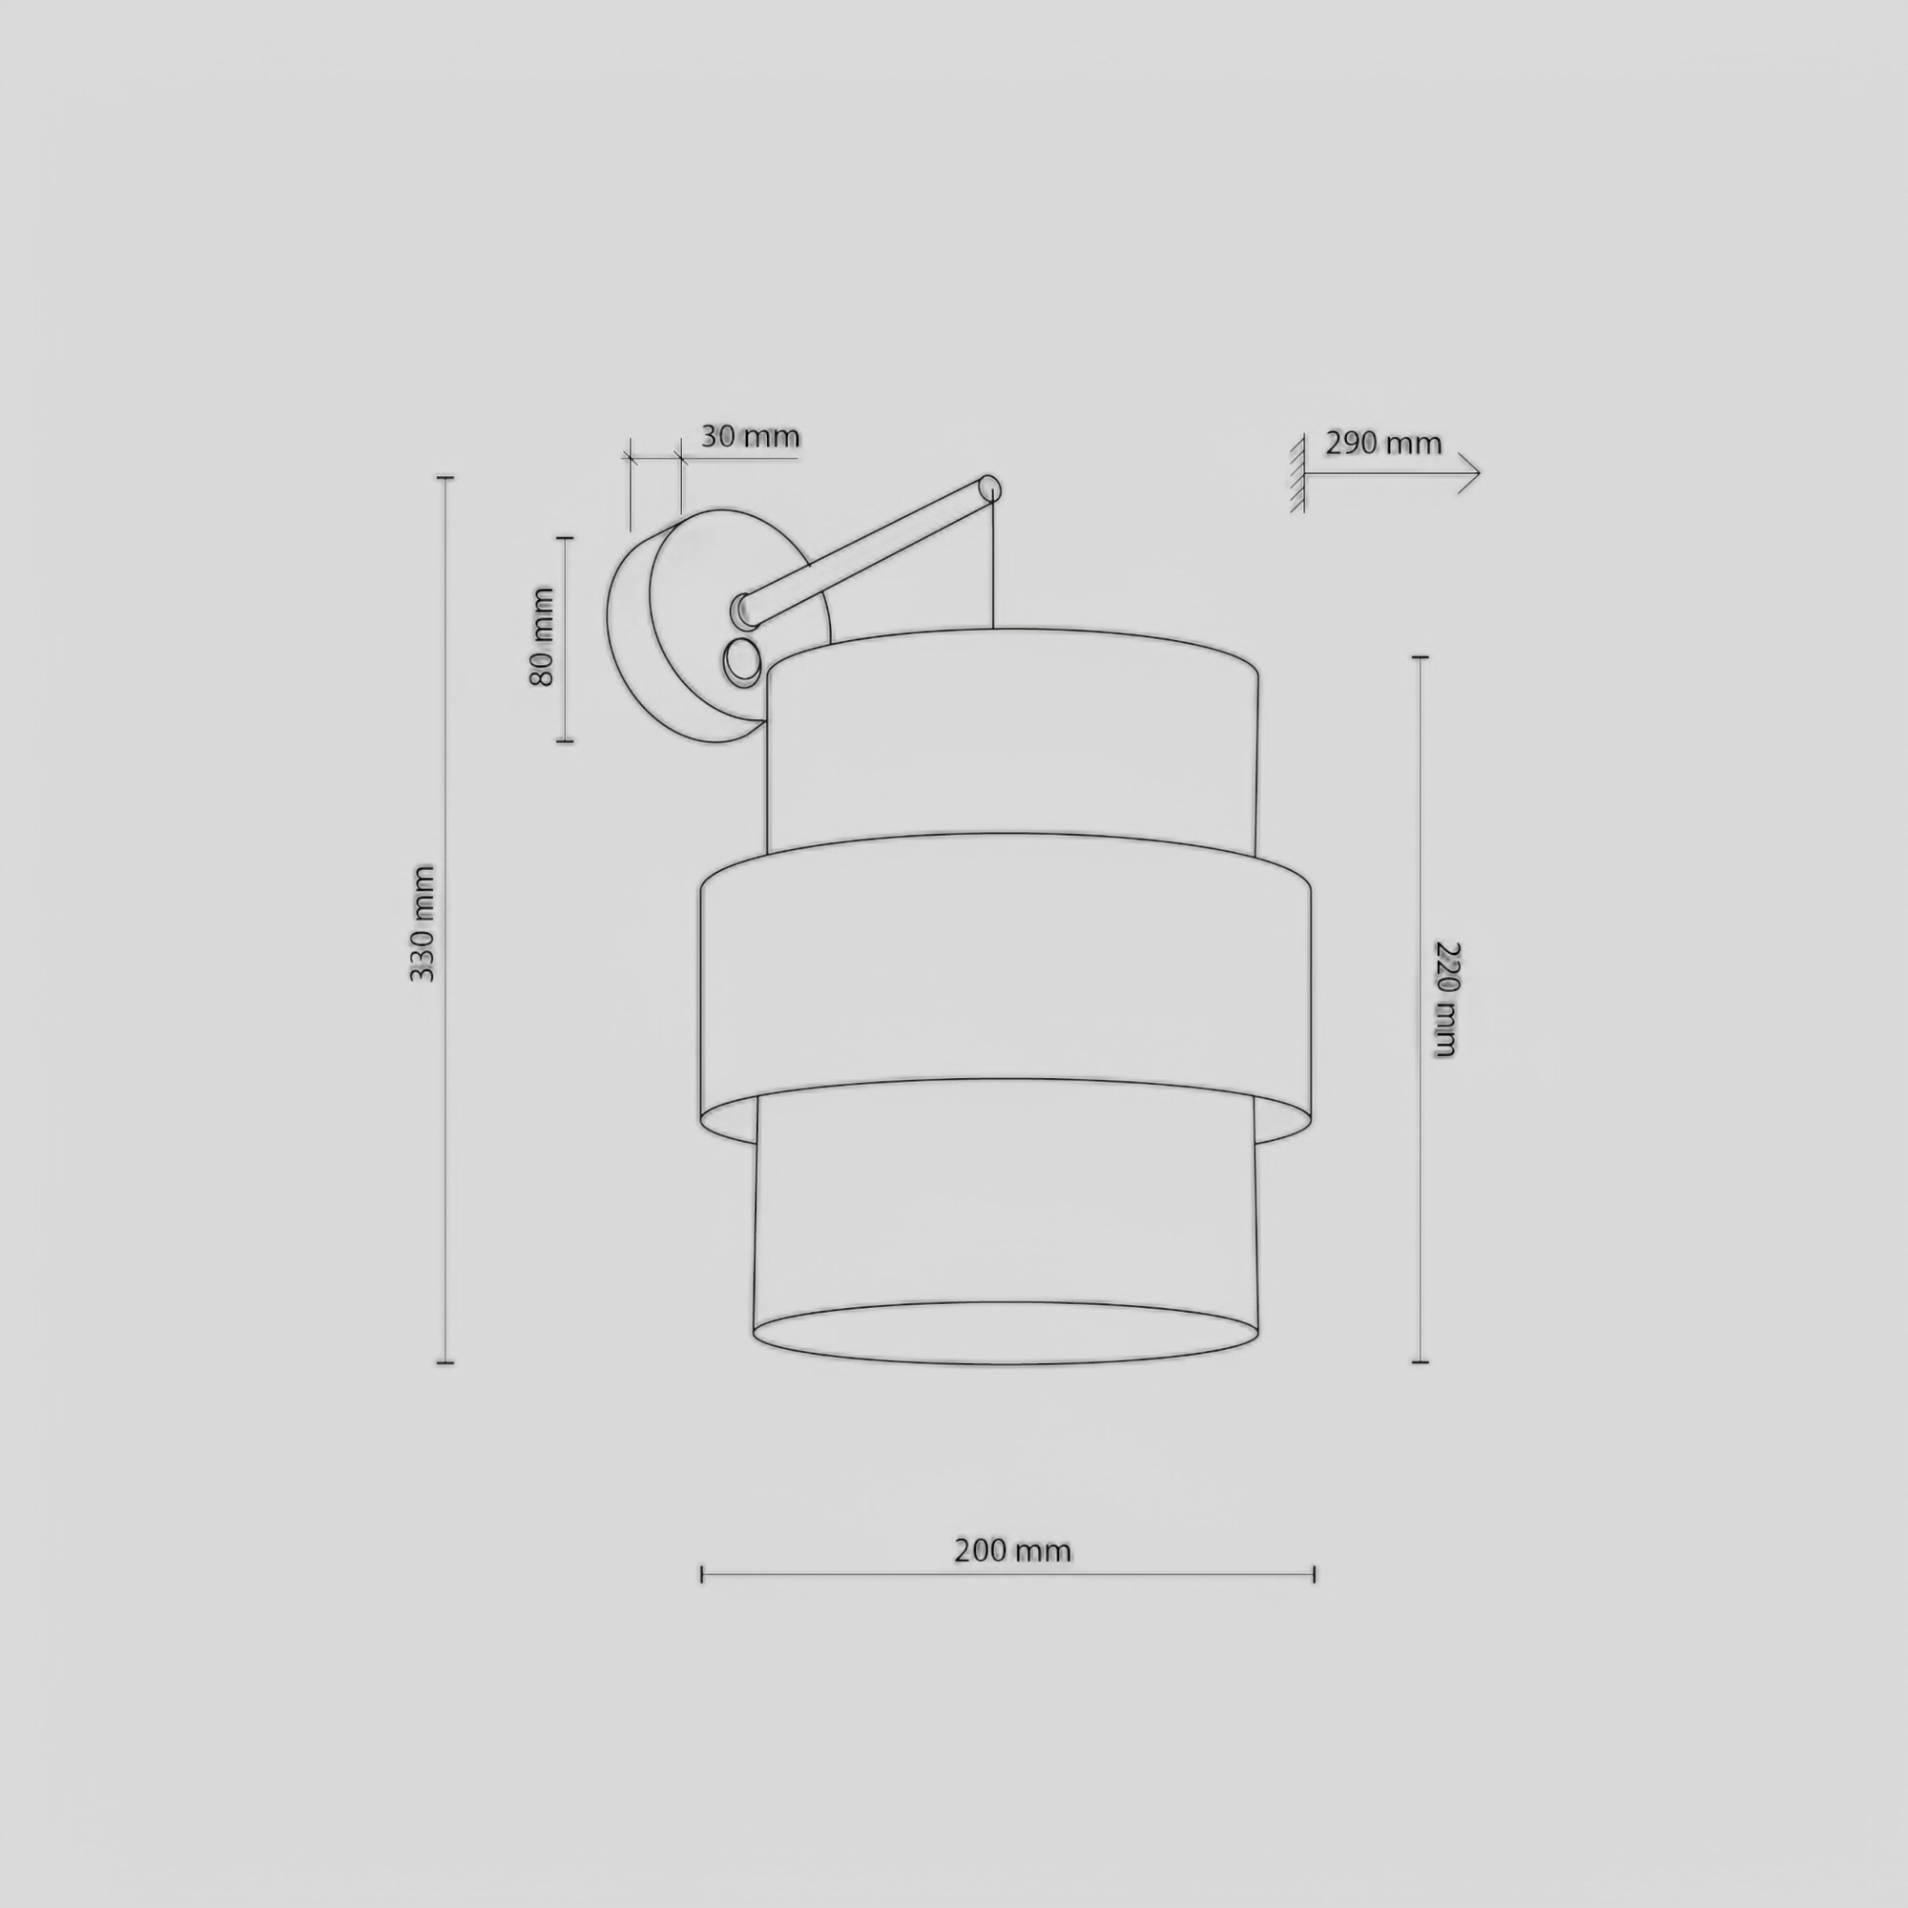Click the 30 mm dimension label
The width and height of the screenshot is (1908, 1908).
[750, 437]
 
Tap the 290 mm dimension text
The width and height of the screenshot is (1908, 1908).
[1382, 444]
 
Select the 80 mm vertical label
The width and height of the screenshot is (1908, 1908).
[542, 636]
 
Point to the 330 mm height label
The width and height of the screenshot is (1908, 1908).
[422, 923]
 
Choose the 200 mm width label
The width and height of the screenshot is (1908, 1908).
[1012, 1550]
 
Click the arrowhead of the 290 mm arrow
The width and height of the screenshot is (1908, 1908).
[1468, 473]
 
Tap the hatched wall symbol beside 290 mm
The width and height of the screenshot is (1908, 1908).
[1297, 473]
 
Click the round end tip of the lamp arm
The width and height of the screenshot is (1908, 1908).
[989, 488]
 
